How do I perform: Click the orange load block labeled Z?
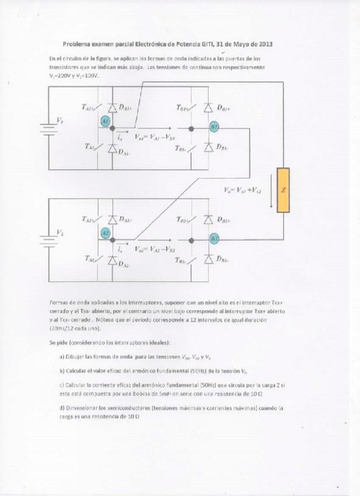pyautogui.click(x=283, y=190)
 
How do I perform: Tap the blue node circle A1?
pyautogui.click(x=106, y=120)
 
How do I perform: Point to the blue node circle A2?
pyautogui.click(x=106, y=233)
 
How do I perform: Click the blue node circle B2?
pyautogui.click(x=214, y=238)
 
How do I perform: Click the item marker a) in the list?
pyautogui.click(x=61, y=356)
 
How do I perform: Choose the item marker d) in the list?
pyautogui.click(x=61, y=407)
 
